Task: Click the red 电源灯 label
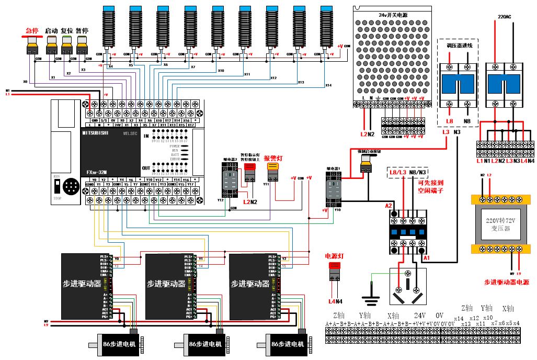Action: click(334, 256)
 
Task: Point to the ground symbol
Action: click(372, 300)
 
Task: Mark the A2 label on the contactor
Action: click(389, 206)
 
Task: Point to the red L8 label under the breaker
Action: click(449, 121)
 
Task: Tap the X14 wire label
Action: click(328, 85)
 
